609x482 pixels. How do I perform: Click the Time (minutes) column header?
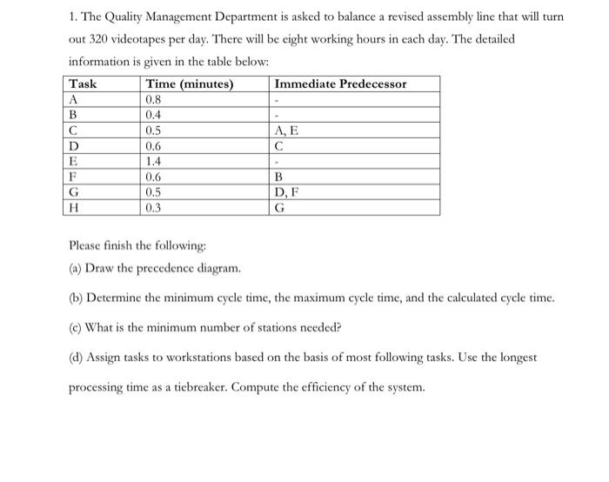pos(191,84)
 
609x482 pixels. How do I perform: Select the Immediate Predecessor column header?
pos(340,84)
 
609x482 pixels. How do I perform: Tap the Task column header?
pos(84,84)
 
